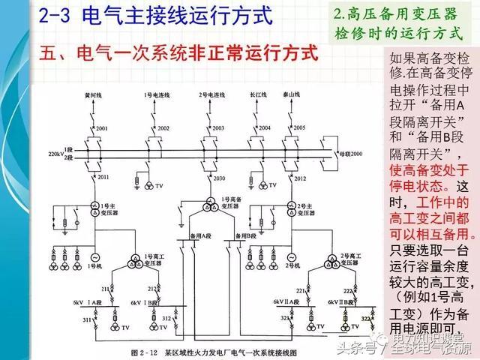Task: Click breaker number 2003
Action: [x=217, y=128]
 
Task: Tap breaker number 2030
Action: [x=219, y=178]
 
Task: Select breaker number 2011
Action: [x=102, y=177]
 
